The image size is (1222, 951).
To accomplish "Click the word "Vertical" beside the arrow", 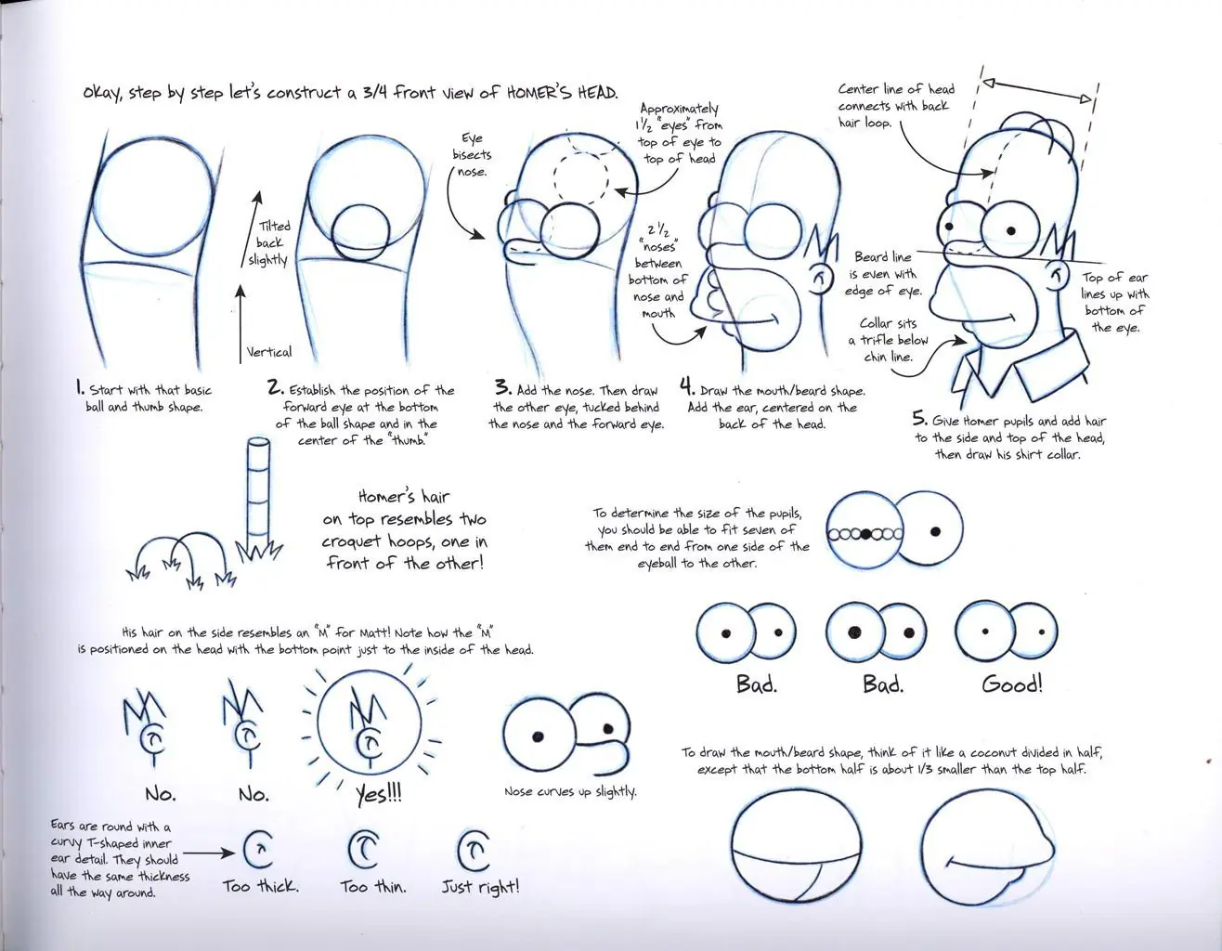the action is click(x=268, y=352).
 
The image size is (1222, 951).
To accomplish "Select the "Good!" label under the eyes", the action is click(x=1012, y=684).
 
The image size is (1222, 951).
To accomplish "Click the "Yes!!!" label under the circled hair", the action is click(x=379, y=793).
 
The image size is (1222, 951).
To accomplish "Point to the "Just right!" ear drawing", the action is click(x=473, y=850).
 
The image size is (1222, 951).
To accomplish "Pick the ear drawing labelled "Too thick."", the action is click(x=258, y=849).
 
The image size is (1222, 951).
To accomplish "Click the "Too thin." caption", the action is click(x=373, y=887).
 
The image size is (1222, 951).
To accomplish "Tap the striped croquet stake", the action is click(x=259, y=493).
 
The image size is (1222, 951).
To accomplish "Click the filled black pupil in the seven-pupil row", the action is click(x=866, y=534).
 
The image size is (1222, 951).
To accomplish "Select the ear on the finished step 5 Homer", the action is click(x=1056, y=278).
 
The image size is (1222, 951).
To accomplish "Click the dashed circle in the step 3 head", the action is click(x=581, y=179).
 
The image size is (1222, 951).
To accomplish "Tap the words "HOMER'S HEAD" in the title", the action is click(x=562, y=92).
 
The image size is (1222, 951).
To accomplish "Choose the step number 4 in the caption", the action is click(x=686, y=386).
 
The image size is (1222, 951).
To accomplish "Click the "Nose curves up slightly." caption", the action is click(x=570, y=791).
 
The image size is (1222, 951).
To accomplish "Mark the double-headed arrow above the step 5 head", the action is click(x=1038, y=91).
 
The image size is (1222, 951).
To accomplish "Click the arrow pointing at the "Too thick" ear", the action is click(x=209, y=853).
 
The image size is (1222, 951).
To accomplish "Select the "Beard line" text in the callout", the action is click(x=883, y=257).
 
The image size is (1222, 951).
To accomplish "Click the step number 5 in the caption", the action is click(x=919, y=419).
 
